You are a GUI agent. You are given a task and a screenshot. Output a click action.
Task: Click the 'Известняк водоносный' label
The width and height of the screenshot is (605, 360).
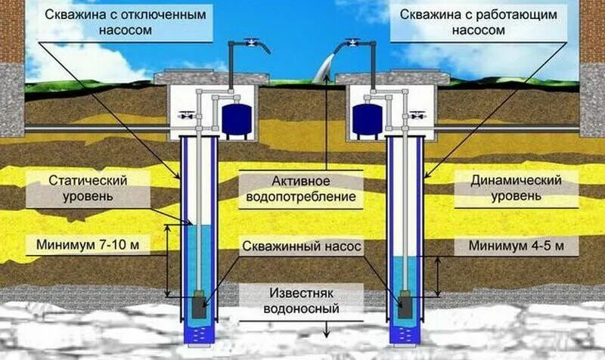[303, 300]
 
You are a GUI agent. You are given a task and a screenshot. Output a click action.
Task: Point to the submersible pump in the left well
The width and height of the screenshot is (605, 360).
[198, 306]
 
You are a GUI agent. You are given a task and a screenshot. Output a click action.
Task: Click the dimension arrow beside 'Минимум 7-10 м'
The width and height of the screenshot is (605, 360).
[169, 258]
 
